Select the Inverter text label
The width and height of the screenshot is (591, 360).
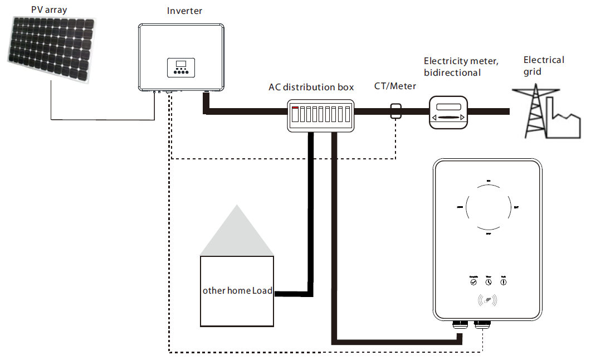coord(184,11)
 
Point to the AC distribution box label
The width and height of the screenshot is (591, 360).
coord(311,87)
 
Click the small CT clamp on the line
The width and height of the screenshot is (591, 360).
coord(395,110)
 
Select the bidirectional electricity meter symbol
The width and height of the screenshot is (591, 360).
coord(448,111)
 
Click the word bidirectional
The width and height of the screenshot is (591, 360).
coord(452,72)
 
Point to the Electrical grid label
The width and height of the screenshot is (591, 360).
coord(544,65)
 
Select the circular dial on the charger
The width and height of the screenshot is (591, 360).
coord(488,205)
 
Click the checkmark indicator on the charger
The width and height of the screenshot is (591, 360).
coord(473,282)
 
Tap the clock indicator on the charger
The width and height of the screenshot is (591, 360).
coord(489,282)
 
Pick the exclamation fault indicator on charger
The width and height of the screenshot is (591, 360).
coord(504,282)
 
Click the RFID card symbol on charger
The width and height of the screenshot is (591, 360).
coord(488,301)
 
